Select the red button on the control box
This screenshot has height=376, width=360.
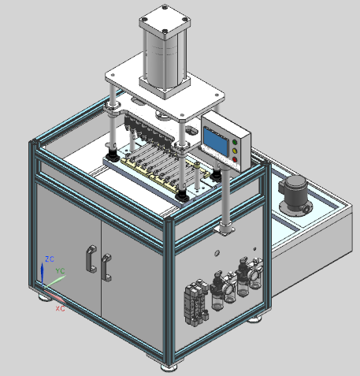tap(234, 158)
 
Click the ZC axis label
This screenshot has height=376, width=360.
tap(49, 259)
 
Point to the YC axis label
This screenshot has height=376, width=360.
tap(60, 271)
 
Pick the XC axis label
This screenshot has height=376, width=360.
tap(59, 308)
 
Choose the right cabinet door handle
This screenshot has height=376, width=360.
tap(105, 266)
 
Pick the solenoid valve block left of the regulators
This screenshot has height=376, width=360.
tap(192, 302)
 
